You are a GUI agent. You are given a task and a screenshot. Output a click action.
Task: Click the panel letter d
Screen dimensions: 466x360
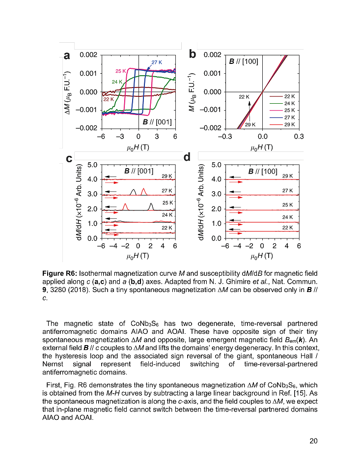[x=187, y=157]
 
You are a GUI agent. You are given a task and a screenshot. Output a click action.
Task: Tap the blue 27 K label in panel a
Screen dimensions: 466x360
[x=157, y=62]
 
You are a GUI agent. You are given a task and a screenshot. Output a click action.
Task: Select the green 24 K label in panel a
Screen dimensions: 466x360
[x=117, y=82]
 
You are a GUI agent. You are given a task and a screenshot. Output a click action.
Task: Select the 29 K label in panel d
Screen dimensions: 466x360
[x=288, y=175]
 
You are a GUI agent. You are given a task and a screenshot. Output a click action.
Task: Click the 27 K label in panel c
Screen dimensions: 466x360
[x=167, y=190]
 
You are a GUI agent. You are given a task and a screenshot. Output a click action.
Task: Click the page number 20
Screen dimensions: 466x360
[x=313, y=440]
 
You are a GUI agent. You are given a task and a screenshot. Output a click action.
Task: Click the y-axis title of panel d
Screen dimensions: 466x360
[x=201, y=202]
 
